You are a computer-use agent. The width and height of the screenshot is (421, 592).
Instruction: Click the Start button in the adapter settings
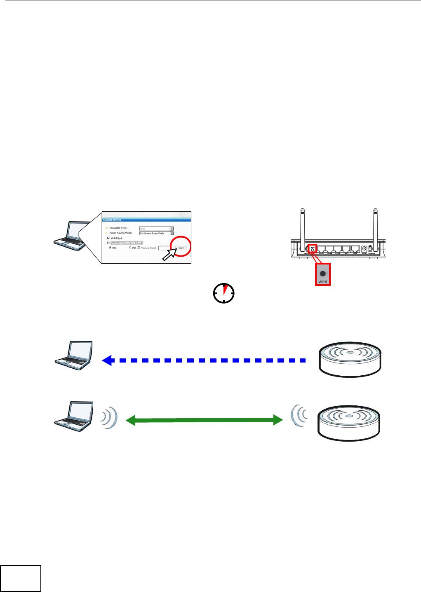[181, 248]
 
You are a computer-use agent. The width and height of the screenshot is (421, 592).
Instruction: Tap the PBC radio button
[110, 248]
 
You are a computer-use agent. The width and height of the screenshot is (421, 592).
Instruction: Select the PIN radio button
[130, 248]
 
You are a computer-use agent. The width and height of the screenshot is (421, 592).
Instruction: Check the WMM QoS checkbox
[108, 238]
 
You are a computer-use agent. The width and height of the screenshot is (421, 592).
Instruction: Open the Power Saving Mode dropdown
[172, 233]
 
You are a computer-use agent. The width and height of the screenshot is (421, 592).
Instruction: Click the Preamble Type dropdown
[172, 228]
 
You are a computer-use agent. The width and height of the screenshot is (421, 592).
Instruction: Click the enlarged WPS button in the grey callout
[322, 274]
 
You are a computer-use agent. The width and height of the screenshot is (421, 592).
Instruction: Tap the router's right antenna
[375, 225]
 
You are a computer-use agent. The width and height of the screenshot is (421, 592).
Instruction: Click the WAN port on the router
[355, 249]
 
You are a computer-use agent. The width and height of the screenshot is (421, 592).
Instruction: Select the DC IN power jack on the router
[365, 249]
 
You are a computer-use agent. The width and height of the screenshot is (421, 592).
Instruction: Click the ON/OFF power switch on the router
[371, 248]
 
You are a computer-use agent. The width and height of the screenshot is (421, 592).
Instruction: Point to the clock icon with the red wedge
[223, 293]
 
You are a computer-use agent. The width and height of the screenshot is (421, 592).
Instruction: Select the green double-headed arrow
[204, 420]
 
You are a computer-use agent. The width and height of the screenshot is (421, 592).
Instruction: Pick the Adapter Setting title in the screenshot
[112, 220]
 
